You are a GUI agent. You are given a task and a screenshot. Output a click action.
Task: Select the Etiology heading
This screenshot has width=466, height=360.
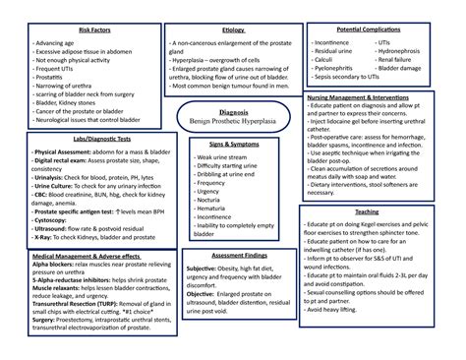tap(233, 31)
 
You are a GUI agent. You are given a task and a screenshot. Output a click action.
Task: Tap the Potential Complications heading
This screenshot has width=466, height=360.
tap(375, 31)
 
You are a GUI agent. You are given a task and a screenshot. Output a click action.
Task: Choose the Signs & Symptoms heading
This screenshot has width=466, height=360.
tap(233, 145)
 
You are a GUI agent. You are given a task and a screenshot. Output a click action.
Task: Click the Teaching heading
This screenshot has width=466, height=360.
tap(367, 212)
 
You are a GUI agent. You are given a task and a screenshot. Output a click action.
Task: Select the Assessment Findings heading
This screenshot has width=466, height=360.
tap(233, 254)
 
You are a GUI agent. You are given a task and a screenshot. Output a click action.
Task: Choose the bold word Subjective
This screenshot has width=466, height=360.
tap(203, 269)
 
